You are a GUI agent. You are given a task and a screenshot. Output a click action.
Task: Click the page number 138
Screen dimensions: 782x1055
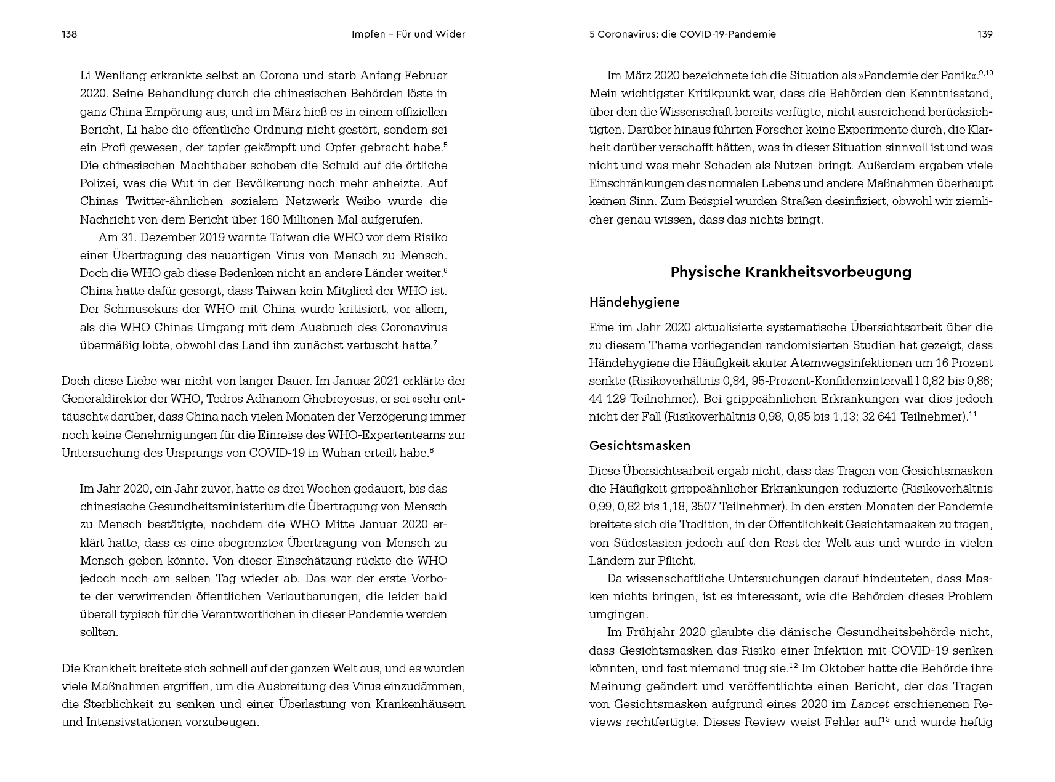[x=69, y=34]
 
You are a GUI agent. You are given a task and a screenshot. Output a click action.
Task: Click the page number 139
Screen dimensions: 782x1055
[x=985, y=34]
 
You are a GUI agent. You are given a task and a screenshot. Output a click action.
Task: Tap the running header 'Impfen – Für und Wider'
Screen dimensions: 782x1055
[x=408, y=34]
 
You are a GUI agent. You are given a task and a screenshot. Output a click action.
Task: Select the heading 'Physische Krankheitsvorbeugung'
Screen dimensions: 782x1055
[x=790, y=272]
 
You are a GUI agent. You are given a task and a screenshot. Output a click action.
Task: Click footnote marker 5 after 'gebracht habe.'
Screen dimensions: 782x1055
[x=445, y=145]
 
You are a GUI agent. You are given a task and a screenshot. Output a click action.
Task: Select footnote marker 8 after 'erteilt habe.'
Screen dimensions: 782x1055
[x=432, y=450]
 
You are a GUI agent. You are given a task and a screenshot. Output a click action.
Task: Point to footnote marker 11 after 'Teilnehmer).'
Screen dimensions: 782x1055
[x=973, y=414]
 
